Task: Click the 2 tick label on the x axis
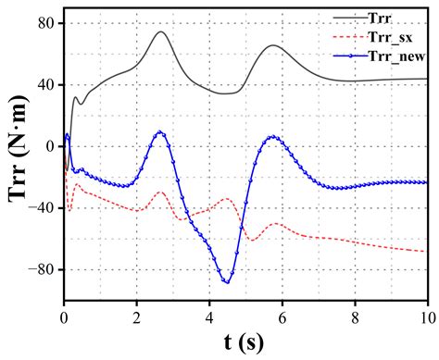136,316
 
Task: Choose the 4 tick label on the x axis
209,316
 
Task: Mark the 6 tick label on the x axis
282,316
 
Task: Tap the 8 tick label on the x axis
356,316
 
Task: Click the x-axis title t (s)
245,342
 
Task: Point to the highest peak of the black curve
161,31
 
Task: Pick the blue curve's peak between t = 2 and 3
161,132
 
